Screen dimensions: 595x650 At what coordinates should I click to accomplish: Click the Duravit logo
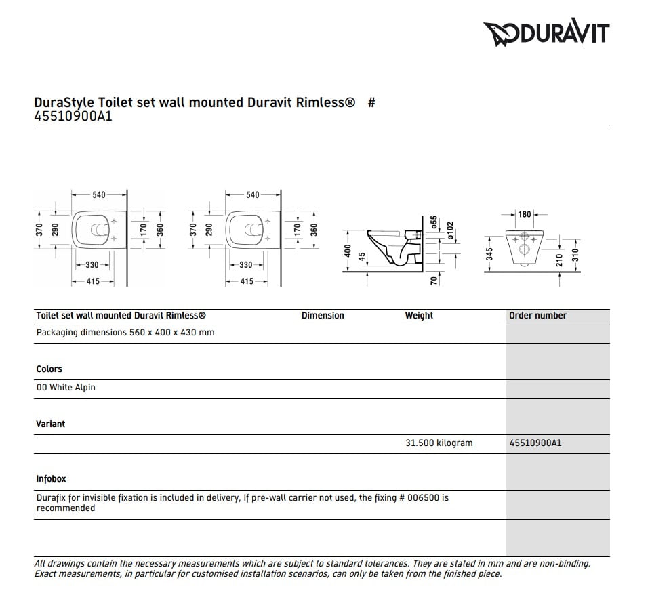coord(546,33)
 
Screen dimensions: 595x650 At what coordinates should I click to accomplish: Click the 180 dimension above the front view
coord(524,214)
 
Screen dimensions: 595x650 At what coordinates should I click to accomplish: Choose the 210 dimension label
coord(559,258)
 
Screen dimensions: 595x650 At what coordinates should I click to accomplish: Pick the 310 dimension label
coord(575,255)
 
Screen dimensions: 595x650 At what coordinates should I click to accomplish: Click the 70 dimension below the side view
coord(434,279)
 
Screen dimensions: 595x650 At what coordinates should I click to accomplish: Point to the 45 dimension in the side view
coord(361,258)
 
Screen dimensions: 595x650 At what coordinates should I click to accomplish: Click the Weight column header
coord(419,316)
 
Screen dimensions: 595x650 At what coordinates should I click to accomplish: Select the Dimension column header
coord(323,316)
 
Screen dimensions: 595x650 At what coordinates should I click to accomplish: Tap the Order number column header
coord(537,316)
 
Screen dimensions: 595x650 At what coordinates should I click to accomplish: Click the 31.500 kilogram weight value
coord(439,443)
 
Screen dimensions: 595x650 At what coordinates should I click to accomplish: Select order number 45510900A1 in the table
coord(535,443)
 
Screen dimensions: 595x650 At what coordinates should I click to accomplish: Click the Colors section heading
coord(49,369)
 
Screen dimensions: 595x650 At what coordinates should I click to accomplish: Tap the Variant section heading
coord(50,424)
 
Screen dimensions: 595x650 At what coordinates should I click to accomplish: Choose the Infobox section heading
coord(51,479)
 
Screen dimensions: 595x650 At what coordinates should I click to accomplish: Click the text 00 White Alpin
coord(66,388)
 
